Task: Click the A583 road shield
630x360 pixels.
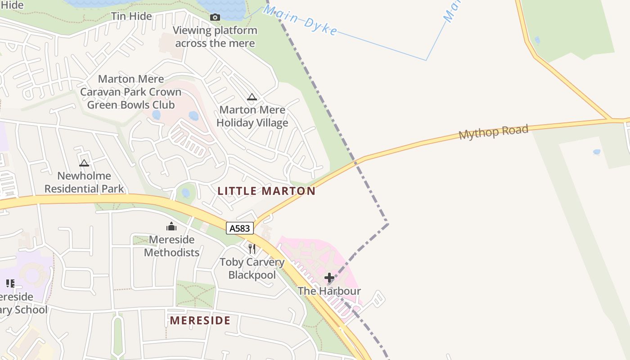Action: point(239,228)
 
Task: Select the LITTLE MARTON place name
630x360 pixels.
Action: point(266,191)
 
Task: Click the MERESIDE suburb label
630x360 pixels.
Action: point(200,320)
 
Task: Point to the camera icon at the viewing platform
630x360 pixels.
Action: point(215,17)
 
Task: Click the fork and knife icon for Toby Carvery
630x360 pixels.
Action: point(252,248)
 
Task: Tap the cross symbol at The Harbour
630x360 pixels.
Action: point(329,278)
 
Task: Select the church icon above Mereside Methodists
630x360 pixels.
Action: point(171,226)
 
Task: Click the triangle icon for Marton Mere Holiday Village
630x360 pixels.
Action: point(252,97)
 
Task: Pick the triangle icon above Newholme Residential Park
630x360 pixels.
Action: point(84,163)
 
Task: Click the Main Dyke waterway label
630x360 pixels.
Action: point(300,20)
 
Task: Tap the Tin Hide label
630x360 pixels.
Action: point(131,16)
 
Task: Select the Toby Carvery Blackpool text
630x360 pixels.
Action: point(252,268)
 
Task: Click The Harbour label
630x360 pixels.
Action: point(329,291)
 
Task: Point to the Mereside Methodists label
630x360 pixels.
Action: point(171,246)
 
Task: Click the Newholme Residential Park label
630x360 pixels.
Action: point(84,182)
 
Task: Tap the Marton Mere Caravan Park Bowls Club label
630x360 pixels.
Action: point(130,92)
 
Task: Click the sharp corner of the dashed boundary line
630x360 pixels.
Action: point(387,223)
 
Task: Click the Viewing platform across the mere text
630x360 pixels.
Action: point(215,37)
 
